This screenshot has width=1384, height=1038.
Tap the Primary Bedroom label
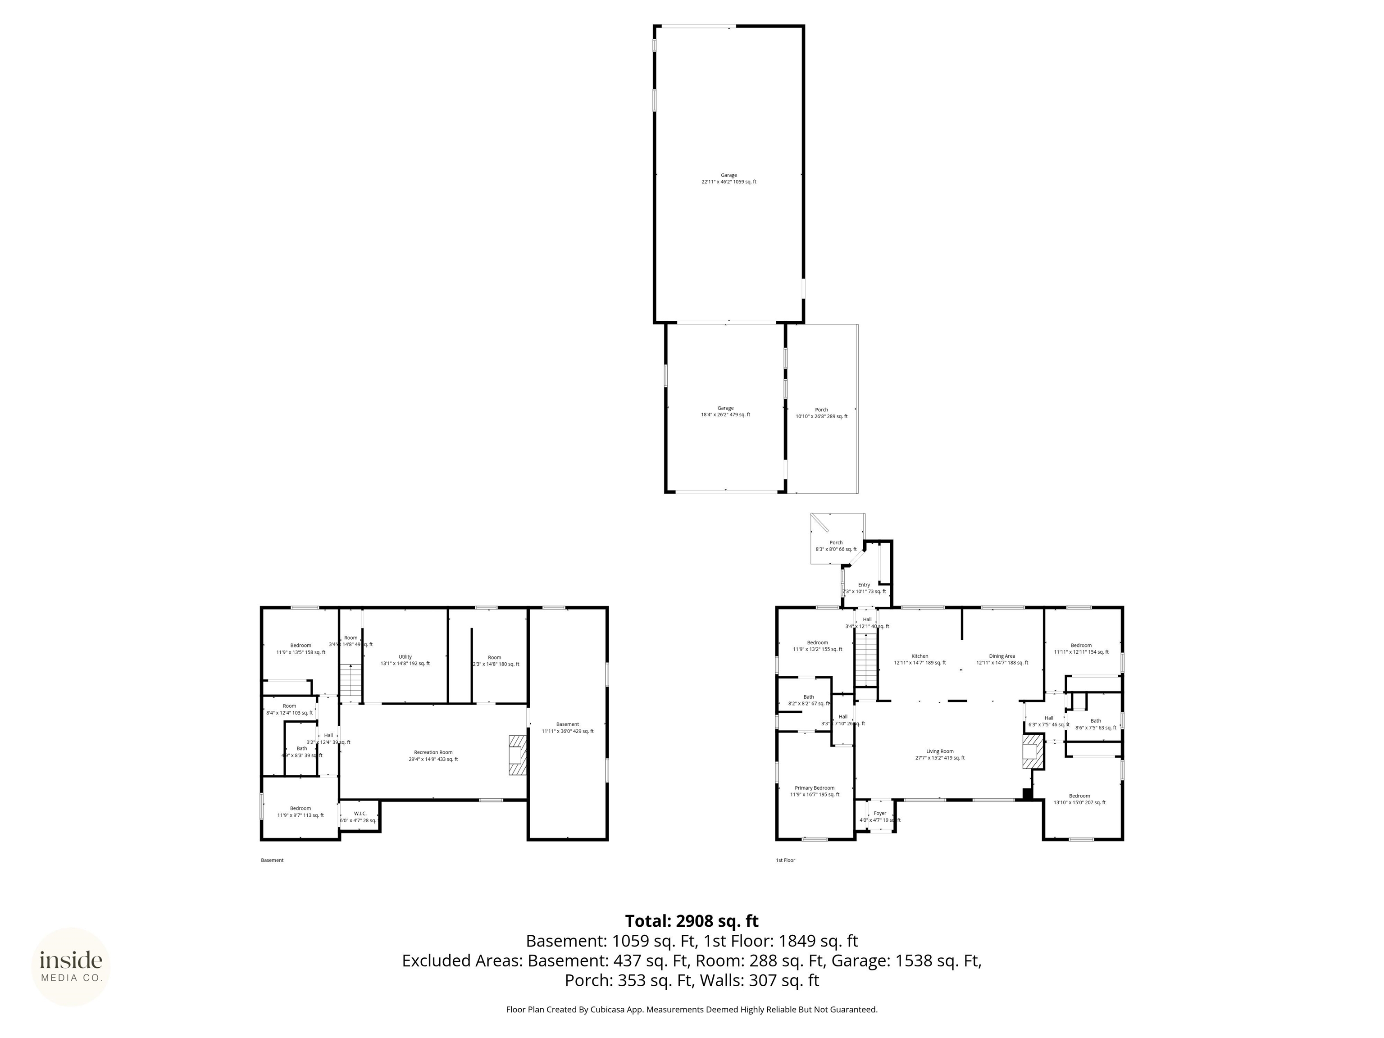point(814,791)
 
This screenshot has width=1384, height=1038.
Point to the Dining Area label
point(1002,659)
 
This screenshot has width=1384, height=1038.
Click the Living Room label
point(940,754)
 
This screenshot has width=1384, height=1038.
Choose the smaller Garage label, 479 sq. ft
point(725,411)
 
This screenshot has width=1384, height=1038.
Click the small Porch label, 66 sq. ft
point(836,546)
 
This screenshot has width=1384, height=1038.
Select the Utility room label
point(405,660)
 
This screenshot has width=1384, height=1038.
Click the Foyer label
point(880,816)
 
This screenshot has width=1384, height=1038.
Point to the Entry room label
point(864,587)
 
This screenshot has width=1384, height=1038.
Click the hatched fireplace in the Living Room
point(1033,751)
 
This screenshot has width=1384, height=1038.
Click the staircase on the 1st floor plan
point(866,660)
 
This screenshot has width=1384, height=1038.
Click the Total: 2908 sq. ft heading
point(692,921)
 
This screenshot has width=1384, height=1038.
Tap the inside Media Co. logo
point(71,967)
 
